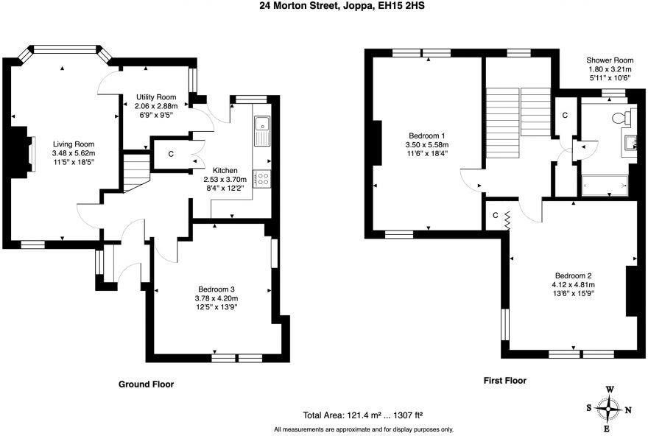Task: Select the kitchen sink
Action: (x=261, y=131)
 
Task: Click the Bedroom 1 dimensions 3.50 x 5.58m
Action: (x=427, y=145)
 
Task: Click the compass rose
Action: (x=608, y=408)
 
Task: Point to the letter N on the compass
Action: (x=627, y=409)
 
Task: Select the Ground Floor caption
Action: (x=146, y=384)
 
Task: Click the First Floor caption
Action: (x=504, y=381)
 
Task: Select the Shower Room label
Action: (x=609, y=60)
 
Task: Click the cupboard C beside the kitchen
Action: (x=170, y=154)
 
